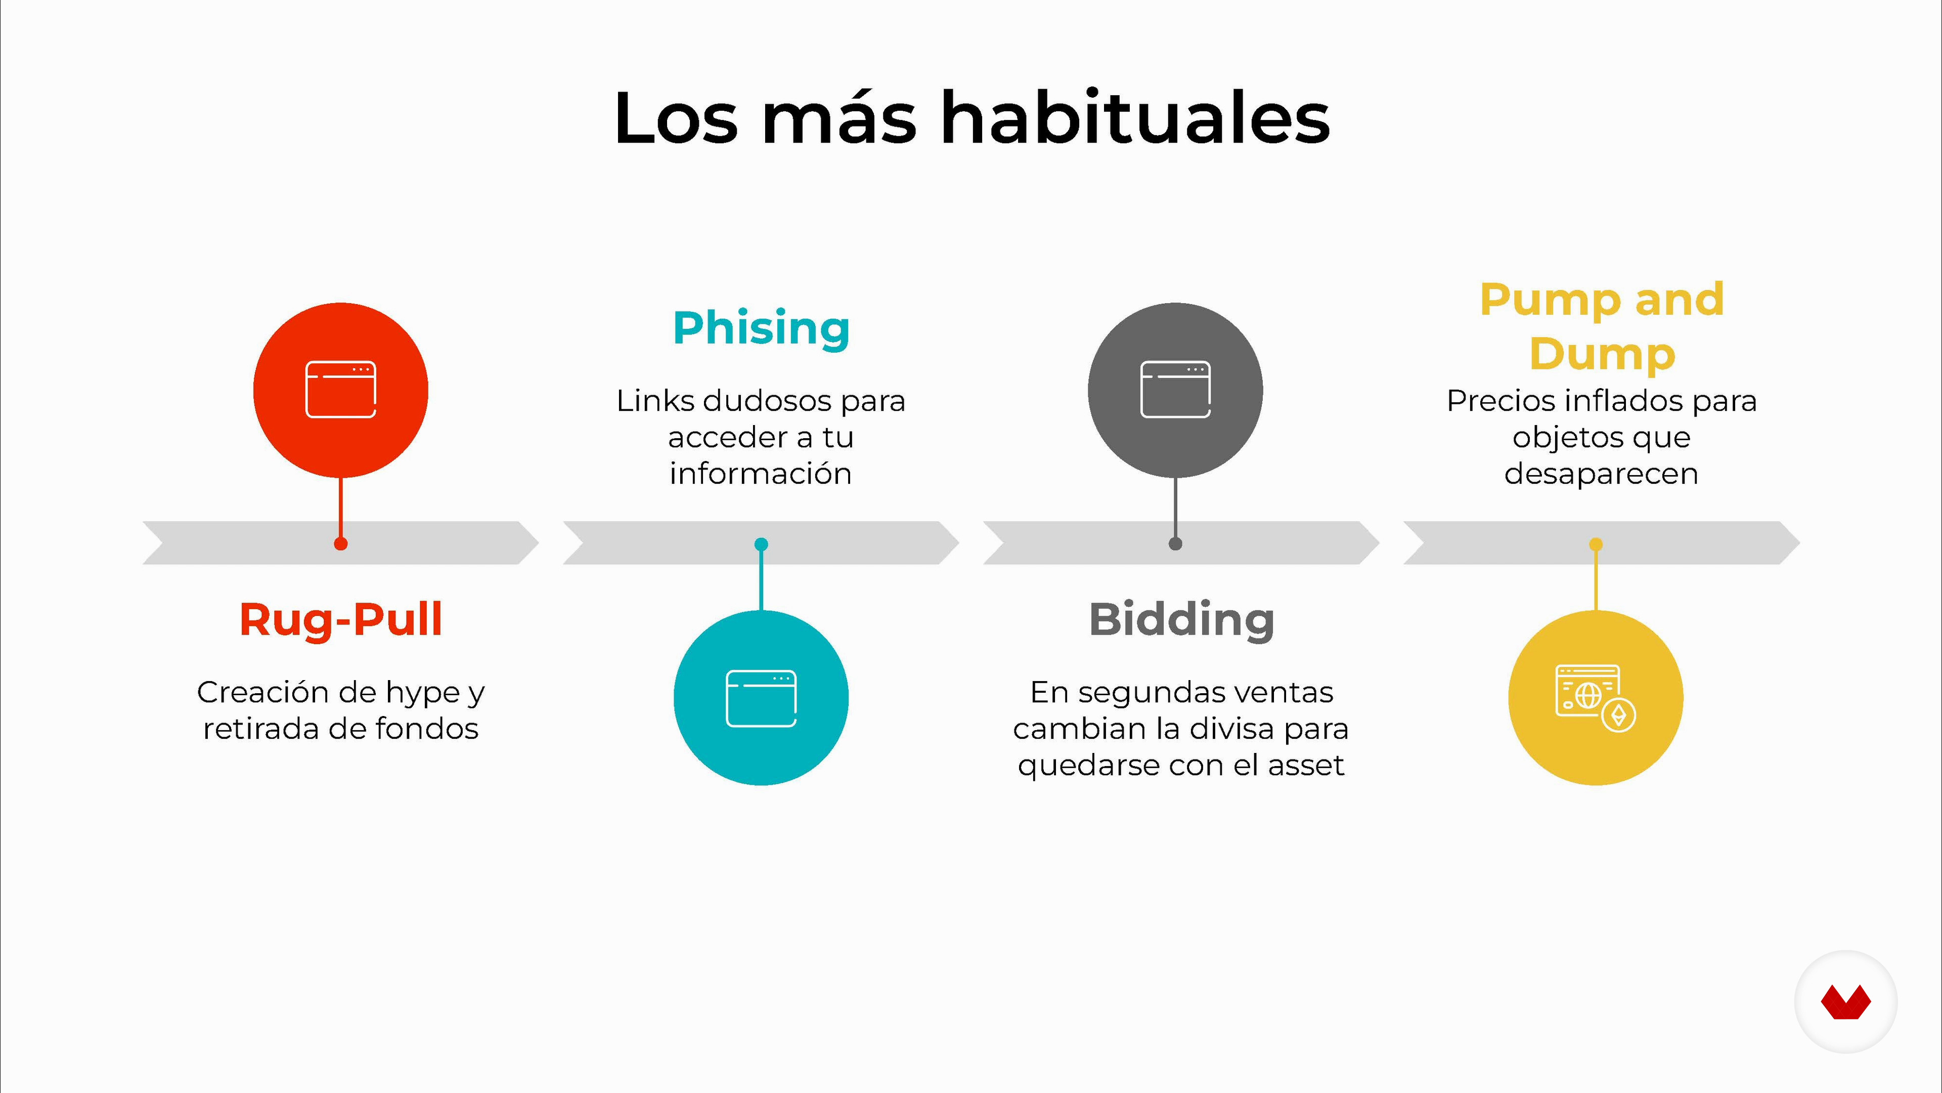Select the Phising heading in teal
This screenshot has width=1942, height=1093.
pos(762,329)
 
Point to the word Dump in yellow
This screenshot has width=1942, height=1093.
pos(1602,355)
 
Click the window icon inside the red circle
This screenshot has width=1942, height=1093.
pos(341,389)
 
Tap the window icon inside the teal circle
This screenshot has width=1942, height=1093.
pos(762,698)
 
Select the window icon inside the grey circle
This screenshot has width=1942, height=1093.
pos(1175,389)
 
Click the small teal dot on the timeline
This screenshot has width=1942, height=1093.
pos(762,544)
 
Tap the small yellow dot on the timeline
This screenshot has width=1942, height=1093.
pos(1596,544)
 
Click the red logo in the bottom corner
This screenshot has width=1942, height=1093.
pos(1845,1002)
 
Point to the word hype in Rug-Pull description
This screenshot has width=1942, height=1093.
pos(423,694)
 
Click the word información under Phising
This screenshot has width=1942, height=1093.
pos(761,474)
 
